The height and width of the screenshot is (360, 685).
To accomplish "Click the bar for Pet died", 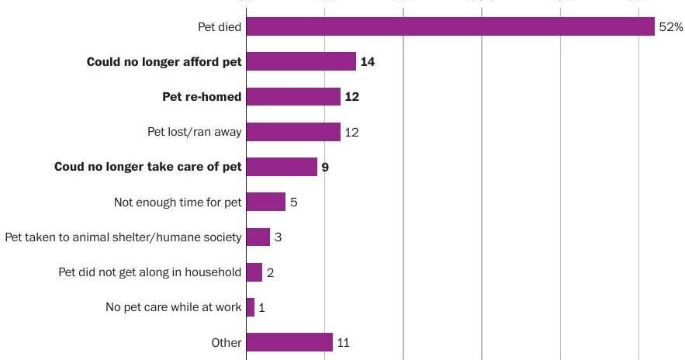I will point(450,27).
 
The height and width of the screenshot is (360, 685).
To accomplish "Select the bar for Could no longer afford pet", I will point(301,62).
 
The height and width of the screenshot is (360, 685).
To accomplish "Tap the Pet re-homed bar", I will point(293,97).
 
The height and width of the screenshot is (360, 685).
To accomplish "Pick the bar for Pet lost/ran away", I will point(293,132).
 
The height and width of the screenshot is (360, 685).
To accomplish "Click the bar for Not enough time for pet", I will point(266,202).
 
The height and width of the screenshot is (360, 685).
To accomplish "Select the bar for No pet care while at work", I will point(251,307).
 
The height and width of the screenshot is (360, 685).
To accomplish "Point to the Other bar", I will point(289,342).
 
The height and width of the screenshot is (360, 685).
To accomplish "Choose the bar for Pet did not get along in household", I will point(254,272).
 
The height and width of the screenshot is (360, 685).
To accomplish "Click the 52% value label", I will point(671,27).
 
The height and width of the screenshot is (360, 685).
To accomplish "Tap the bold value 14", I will point(368,62).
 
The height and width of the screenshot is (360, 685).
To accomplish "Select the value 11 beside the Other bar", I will point(344,342).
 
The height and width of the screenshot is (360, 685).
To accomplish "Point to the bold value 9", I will point(325,167).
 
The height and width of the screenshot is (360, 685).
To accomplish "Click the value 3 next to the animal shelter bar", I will point(278,237).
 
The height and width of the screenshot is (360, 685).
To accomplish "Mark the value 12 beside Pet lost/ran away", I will point(351,133).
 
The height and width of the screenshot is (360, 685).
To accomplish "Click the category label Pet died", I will point(220,27).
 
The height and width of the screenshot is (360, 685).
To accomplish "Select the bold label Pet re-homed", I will point(202,97).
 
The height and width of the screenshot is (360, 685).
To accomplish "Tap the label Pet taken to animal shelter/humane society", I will point(123,237).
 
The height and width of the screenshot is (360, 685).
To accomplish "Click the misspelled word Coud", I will point(69,167).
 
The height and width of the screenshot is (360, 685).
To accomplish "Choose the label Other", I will point(227,342).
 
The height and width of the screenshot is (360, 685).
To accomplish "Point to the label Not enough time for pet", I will point(178,202).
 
